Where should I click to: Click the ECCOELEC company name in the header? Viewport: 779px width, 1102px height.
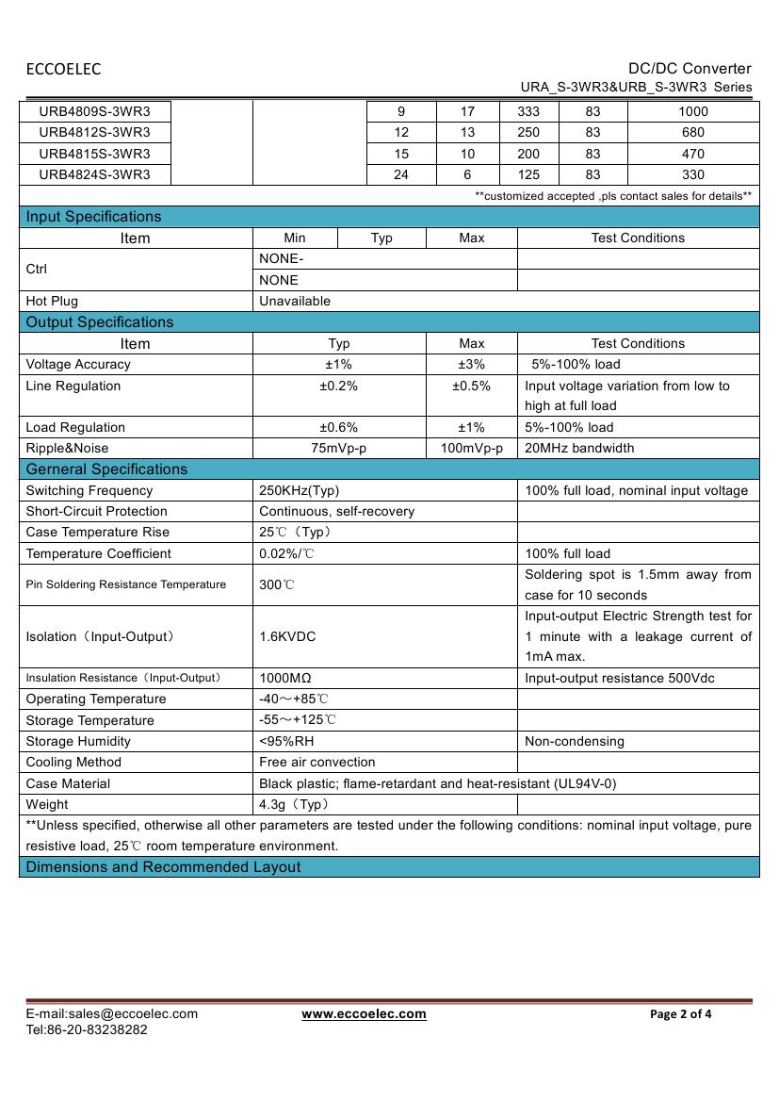(63, 69)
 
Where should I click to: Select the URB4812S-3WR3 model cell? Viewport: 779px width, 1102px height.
(94, 132)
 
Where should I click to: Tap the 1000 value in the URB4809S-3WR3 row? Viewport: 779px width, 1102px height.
(692, 111)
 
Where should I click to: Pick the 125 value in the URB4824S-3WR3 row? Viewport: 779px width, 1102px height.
(528, 174)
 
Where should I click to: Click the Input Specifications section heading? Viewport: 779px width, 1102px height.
(93, 217)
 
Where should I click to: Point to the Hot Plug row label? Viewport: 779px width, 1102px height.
(52, 302)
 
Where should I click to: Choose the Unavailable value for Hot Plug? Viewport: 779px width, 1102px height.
(295, 302)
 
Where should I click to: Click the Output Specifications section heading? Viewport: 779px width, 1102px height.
(100, 322)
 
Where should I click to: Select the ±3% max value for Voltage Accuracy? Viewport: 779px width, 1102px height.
(471, 365)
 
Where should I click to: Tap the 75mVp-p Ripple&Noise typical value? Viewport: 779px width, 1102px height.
(339, 449)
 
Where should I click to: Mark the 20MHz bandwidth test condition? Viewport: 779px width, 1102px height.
(579, 449)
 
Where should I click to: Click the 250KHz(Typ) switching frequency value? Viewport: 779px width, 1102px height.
(299, 491)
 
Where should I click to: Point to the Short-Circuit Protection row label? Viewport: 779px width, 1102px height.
(96, 512)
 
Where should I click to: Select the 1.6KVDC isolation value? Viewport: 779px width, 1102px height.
(287, 637)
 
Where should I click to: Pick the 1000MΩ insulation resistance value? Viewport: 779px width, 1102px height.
(285, 678)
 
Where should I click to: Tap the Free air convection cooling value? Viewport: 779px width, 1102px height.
(316, 763)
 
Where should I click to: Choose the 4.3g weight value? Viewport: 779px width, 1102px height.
(293, 805)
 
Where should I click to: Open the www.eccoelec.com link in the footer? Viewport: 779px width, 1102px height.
(364, 1014)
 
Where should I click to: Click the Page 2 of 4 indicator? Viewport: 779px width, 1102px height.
(681, 1014)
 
